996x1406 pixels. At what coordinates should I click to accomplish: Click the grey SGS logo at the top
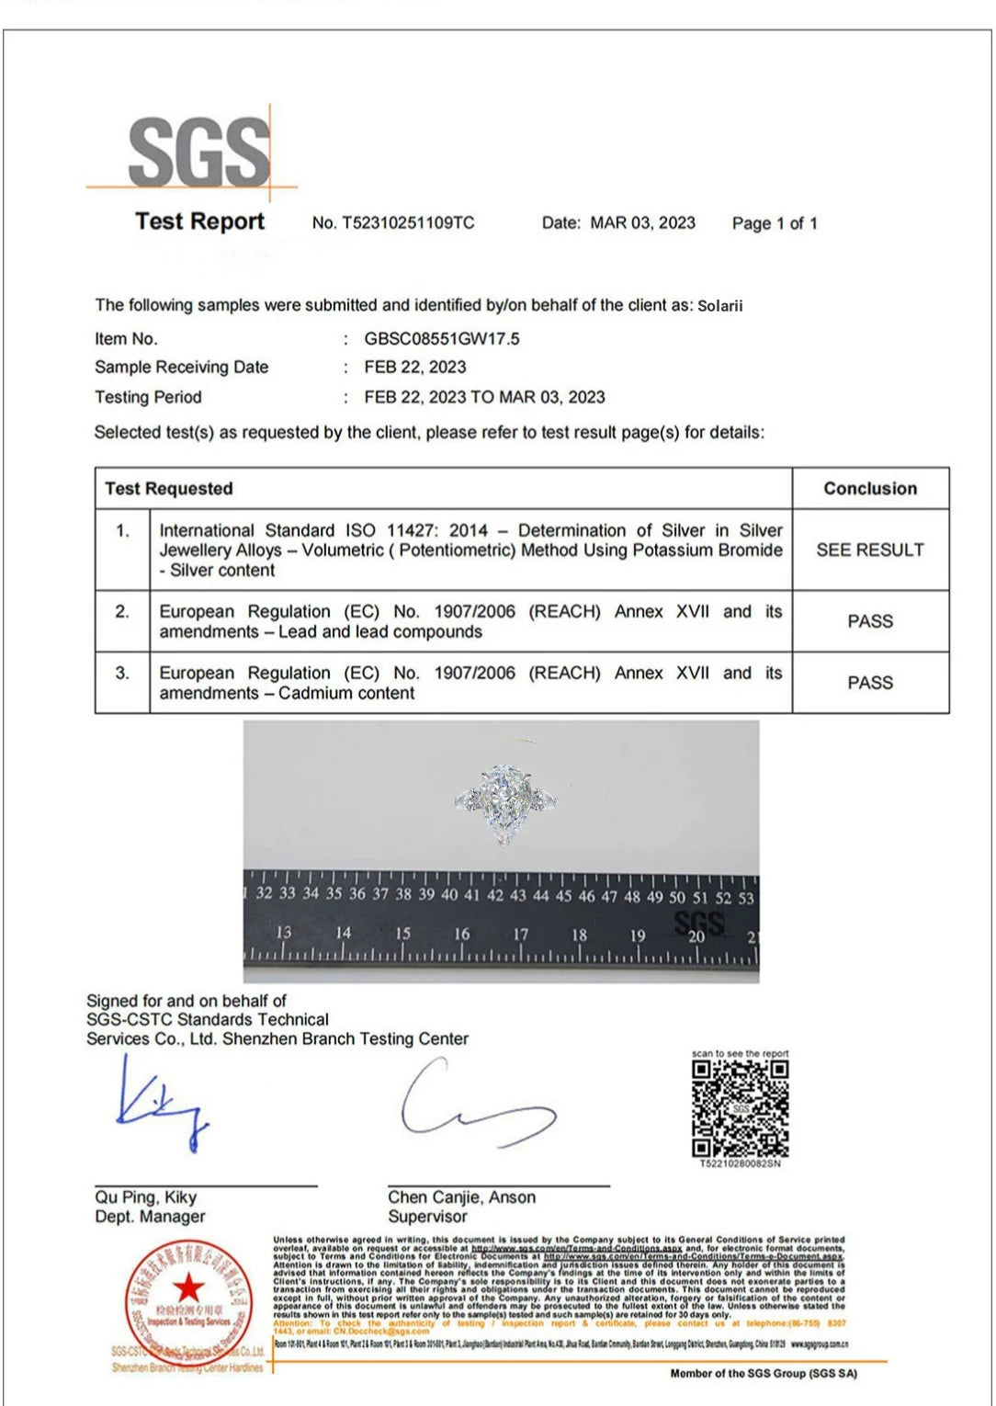tap(198, 151)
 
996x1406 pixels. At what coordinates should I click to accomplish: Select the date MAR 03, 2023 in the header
tap(642, 222)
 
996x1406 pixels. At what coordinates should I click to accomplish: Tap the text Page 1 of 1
tap(774, 223)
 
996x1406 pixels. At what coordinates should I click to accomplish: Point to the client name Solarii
tap(719, 306)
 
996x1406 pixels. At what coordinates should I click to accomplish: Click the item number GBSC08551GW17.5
tap(441, 339)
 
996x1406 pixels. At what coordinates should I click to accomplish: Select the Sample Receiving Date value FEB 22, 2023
tap(414, 368)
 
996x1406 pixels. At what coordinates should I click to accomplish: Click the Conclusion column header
tap(869, 489)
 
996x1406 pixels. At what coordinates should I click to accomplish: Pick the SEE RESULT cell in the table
tap(869, 550)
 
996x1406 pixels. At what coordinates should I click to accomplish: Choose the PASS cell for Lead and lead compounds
tap(869, 622)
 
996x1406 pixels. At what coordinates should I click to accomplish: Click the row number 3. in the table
tap(122, 674)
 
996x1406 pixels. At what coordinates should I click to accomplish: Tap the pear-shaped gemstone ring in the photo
tap(504, 802)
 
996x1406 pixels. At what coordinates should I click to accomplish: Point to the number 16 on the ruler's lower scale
tap(461, 934)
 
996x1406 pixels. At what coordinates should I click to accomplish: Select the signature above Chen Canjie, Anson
tap(473, 1106)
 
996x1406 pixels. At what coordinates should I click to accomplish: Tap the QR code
tap(740, 1108)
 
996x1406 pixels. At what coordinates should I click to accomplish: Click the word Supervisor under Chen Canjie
tap(427, 1217)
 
